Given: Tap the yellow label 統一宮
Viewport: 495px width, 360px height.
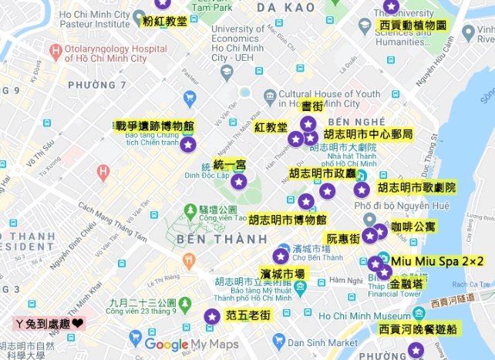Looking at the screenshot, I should pyautogui.click(x=229, y=165).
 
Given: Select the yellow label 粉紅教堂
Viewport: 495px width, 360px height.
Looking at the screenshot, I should pyautogui.click(x=165, y=21).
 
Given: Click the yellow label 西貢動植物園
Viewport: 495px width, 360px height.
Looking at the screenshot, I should pyautogui.click(x=413, y=25).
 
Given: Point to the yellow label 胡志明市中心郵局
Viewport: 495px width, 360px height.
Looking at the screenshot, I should pyautogui.click(x=368, y=134).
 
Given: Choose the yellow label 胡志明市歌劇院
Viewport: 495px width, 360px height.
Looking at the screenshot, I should pyautogui.click(x=416, y=187).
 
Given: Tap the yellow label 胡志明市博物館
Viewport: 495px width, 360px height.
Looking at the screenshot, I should pyautogui.click(x=288, y=220).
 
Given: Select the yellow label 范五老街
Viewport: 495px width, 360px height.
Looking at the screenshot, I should pyautogui.click(x=247, y=315).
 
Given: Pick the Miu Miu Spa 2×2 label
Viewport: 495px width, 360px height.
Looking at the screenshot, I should pyautogui.click(x=437, y=262).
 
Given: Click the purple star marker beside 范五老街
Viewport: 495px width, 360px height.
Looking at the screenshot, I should pyautogui.click(x=211, y=316).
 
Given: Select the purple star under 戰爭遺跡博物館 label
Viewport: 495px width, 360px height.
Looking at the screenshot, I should pyautogui.click(x=188, y=143).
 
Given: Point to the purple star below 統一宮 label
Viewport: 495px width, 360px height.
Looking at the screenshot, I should pyautogui.click(x=239, y=182).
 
